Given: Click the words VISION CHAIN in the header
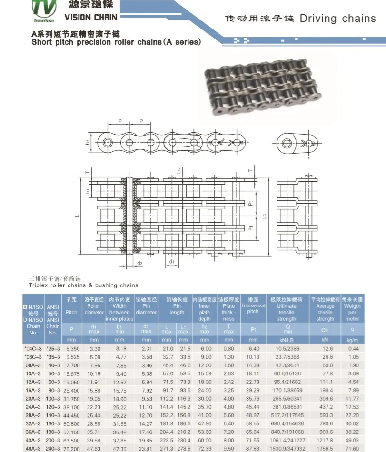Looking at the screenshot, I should pyautogui.click(x=90, y=18).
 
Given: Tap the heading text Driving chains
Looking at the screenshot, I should pyautogui.click(x=337, y=19).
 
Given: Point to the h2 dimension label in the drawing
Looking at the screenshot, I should pyautogui.click(x=88, y=142).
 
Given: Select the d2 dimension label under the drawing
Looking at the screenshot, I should pyautogui.click(x=139, y=263).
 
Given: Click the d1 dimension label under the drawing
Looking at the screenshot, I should pyautogui.click(x=173, y=261).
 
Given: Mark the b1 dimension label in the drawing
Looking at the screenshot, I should pyautogui.click(x=88, y=191).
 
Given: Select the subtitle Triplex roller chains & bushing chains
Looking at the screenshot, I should pyautogui.click(x=83, y=285).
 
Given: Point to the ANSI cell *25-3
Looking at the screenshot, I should pyautogui.click(x=53, y=348).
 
